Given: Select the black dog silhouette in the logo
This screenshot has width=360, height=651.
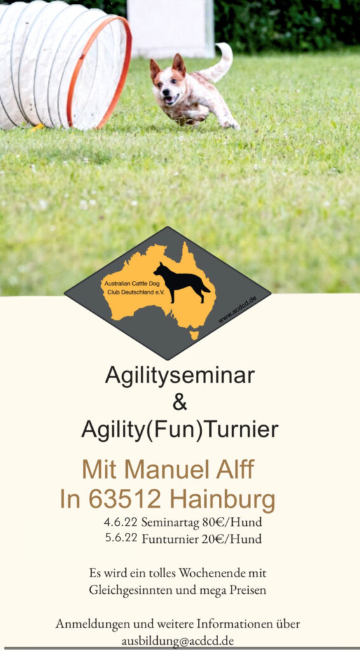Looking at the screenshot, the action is (182, 282).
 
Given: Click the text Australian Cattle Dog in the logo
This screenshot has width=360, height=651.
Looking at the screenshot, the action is (127, 284).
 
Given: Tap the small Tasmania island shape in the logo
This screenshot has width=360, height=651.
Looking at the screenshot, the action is (194, 335).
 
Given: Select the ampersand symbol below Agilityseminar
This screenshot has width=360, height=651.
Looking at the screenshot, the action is (179, 403).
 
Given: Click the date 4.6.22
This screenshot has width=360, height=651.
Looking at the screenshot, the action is (120, 522).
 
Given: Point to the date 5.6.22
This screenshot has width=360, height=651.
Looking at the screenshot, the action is (121, 538).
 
